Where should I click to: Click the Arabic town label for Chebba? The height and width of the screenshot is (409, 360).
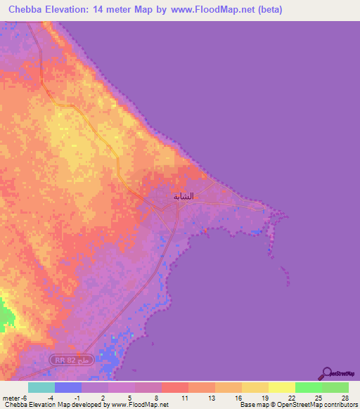(184, 196)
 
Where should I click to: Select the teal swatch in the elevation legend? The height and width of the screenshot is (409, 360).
(41, 387)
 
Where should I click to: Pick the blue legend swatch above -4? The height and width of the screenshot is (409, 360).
(68, 387)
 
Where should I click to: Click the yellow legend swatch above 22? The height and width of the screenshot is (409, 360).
(282, 387)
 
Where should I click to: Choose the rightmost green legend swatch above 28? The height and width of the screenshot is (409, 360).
(335, 387)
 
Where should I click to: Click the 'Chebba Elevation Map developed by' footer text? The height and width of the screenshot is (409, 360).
(52, 405)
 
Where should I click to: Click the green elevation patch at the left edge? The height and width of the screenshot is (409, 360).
(6, 315)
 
